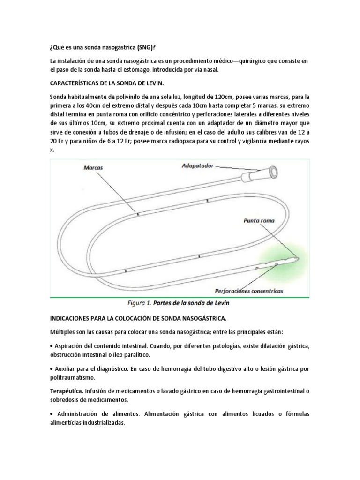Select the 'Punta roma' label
tap(259, 220)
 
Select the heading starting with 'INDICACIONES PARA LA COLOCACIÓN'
tap(138, 319)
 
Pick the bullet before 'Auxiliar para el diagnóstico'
tap(51, 368)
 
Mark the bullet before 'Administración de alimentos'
tap(51, 413)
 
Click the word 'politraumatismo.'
tap(72, 377)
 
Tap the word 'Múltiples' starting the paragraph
tap(63, 332)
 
